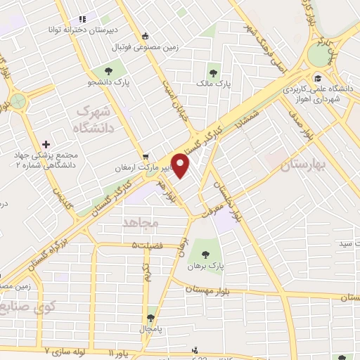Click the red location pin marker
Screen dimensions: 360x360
pyautogui.click(x=181, y=165)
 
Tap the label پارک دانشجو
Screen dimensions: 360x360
pyautogui.click(x=110, y=83)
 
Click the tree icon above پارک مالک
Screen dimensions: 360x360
pyautogui.click(x=213, y=72)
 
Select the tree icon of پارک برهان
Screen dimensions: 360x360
pyautogui.click(x=205, y=255)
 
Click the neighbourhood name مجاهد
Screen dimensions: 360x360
pyautogui.click(x=141, y=221)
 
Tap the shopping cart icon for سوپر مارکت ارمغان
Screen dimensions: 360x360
pyautogui.click(x=146, y=156)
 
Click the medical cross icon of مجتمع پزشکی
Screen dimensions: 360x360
pyautogui.click(x=46, y=144)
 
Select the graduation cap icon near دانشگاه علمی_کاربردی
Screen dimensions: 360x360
pyautogui.click(x=319, y=78)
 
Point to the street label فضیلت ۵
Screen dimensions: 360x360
pyautogui.click(x=146, y=245)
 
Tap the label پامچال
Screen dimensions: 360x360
pyautogui.click(x=150, y=329)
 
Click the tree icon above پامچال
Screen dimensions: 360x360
pyautogui.click(x=150, y=318)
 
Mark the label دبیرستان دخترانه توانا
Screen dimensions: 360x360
pyautogui.click(x=83, y=30)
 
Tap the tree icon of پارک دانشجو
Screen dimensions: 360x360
pyautogui.click(x=109, y=71)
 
